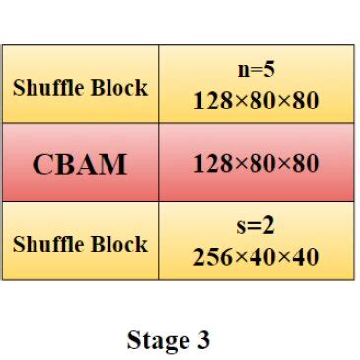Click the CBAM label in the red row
[80, 164]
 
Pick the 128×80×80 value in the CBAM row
[256, 164]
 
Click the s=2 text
[256, 228]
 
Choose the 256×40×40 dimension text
[256, 257]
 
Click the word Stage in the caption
[157, 341]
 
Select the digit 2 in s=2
[268, 228]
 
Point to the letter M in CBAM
[114, 164]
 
